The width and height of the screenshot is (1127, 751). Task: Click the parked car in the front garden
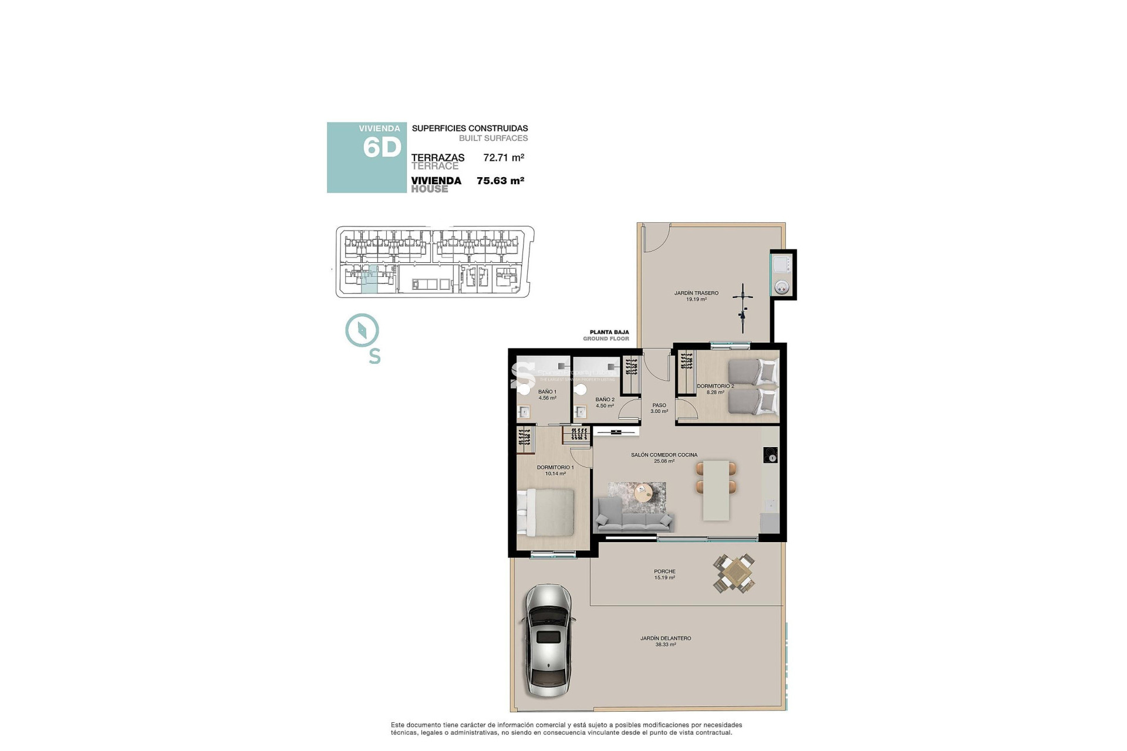(x=548, y=640)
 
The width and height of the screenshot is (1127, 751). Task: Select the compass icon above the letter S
(x=362, y=330)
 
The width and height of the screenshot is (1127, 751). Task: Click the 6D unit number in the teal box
(x=382, y=147)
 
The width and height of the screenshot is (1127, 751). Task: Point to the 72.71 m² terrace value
(x=504, y=157)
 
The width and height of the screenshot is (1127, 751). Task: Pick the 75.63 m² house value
(x=500, y=181)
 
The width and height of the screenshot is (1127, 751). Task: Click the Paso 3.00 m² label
(x=659, y=408)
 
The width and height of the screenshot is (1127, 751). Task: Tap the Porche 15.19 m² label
(x=664, y=574)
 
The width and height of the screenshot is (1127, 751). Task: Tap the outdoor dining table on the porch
(x=734, y=573)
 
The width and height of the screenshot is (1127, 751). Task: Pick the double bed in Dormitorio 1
(x=546, y=512)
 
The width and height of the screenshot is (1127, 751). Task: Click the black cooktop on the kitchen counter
(x=770, y=455)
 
